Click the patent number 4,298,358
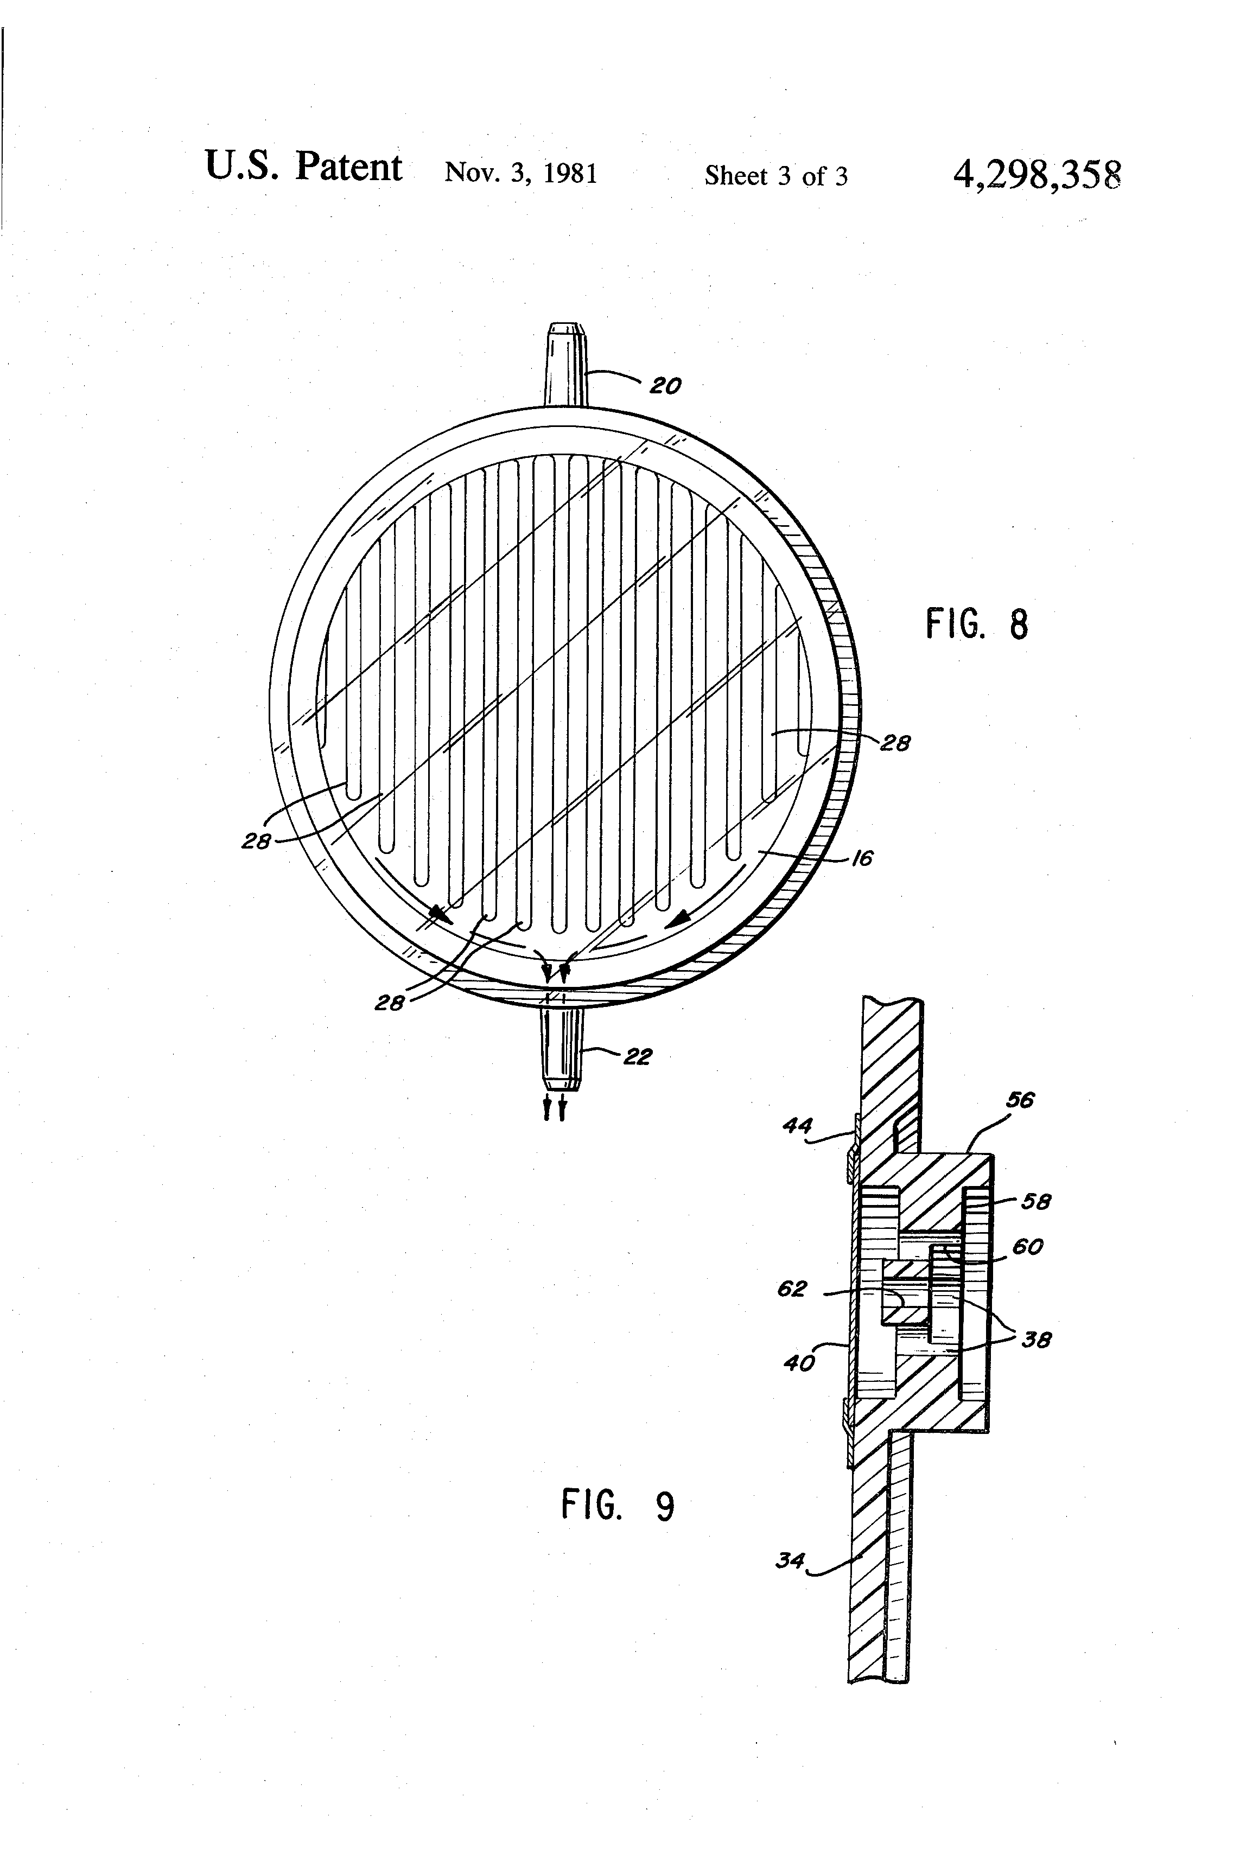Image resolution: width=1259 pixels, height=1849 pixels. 1036,174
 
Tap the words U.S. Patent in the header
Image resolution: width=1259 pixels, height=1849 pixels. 303,167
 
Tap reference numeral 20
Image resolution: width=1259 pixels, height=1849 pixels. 665,387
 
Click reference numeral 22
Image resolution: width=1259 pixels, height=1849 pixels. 638,1057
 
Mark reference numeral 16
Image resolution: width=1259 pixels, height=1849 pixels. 862,858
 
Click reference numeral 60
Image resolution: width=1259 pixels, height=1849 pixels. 1027,1247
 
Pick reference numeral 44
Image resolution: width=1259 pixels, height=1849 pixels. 797,1126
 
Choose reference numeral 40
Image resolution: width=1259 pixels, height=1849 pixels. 799,1363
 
